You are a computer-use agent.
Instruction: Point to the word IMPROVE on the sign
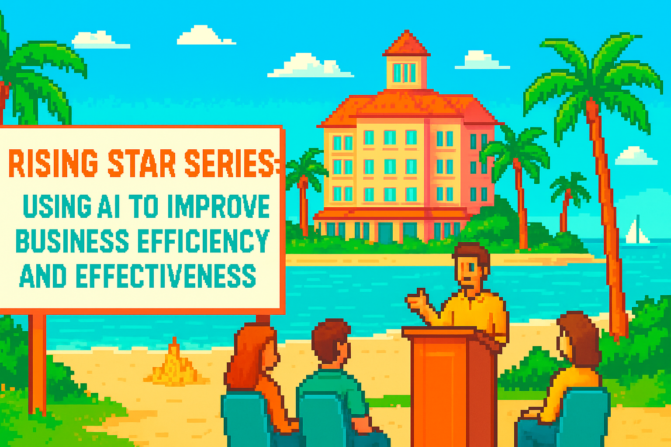tap(218, 206)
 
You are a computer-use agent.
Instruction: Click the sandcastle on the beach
tap(175, 367)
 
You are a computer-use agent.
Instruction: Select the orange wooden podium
tap(450, 384)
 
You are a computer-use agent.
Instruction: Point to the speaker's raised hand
tap(417, 301)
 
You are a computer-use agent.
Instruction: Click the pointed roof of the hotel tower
tap(407, 44)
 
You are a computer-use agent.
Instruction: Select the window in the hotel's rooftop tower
tap(404, 73)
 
